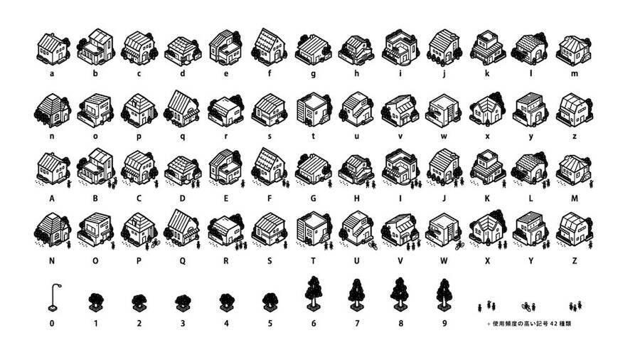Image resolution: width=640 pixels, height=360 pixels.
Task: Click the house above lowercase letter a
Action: [52, 48]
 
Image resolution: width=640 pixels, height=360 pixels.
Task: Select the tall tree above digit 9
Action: [444, 292]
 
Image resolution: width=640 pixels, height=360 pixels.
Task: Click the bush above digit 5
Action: [270, 302]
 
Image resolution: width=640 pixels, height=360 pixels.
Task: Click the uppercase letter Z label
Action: [574, 261]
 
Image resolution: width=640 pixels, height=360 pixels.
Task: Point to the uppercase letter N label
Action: [52, 261]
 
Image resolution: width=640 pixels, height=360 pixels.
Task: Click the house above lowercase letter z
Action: [572, 109]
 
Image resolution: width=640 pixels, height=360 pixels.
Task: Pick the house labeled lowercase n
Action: [52, 109]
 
